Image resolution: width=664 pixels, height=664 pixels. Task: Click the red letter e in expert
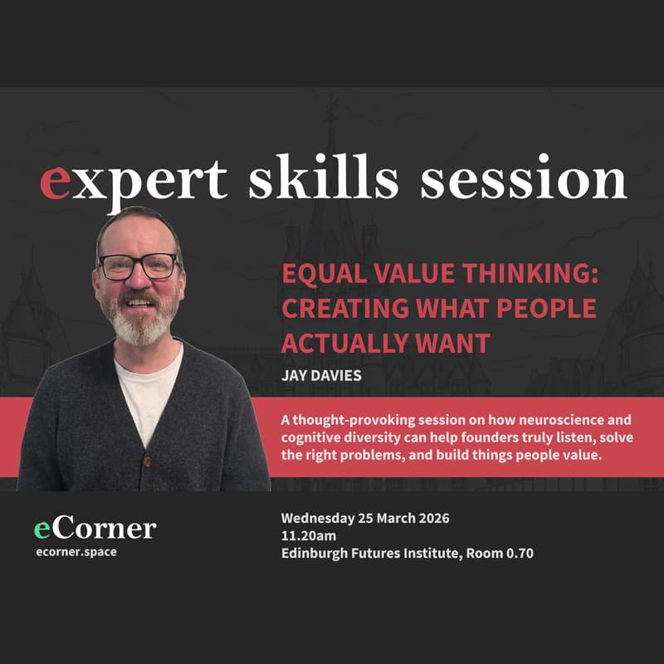click(x=55, y=182)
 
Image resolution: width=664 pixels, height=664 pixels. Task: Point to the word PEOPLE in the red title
click(x=549, y=308)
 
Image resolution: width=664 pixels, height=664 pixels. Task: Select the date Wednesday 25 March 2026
click(x=366, y=519)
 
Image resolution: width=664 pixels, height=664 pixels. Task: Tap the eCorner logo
click(x=95, y=529)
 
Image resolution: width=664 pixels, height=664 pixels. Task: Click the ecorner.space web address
click(x=76, y=552)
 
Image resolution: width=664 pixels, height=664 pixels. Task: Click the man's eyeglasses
click(x=138, y=266)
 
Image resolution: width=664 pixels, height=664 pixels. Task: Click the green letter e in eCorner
click(x=42, y=529)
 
